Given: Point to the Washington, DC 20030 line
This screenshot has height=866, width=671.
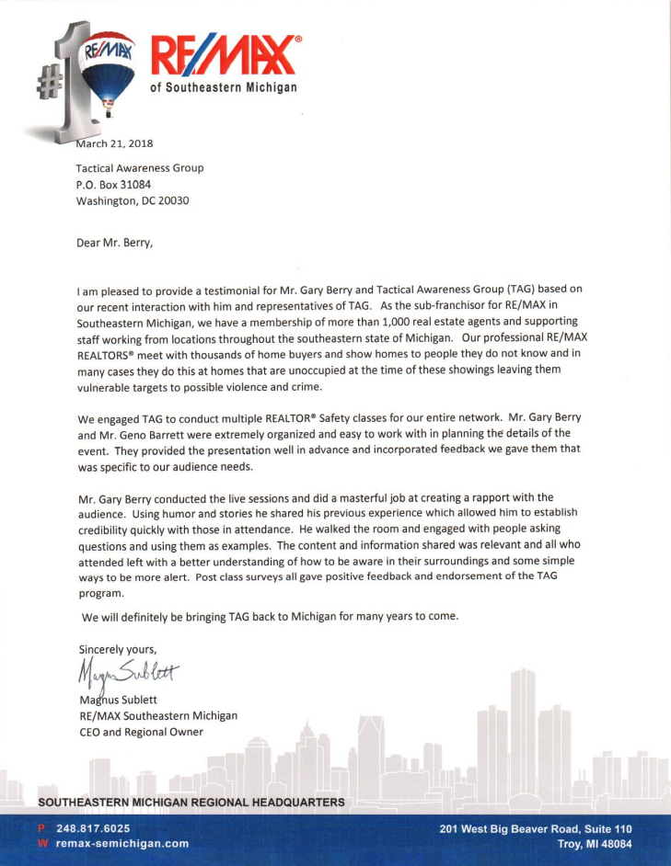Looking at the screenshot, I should click(133, 200).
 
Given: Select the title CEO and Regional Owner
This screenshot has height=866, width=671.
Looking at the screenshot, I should click(140, 732).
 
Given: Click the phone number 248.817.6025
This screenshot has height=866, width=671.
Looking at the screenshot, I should click(93, 827).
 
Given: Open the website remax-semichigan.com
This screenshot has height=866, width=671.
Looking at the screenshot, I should click(122, 843).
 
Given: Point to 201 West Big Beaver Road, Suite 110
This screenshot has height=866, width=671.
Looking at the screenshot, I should click(536, 827).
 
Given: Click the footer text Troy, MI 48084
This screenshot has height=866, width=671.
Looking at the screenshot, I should click(595, 843).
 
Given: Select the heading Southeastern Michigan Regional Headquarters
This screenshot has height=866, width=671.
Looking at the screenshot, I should click(191, 803).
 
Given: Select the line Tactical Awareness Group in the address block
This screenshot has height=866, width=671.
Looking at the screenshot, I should click(140, 167).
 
